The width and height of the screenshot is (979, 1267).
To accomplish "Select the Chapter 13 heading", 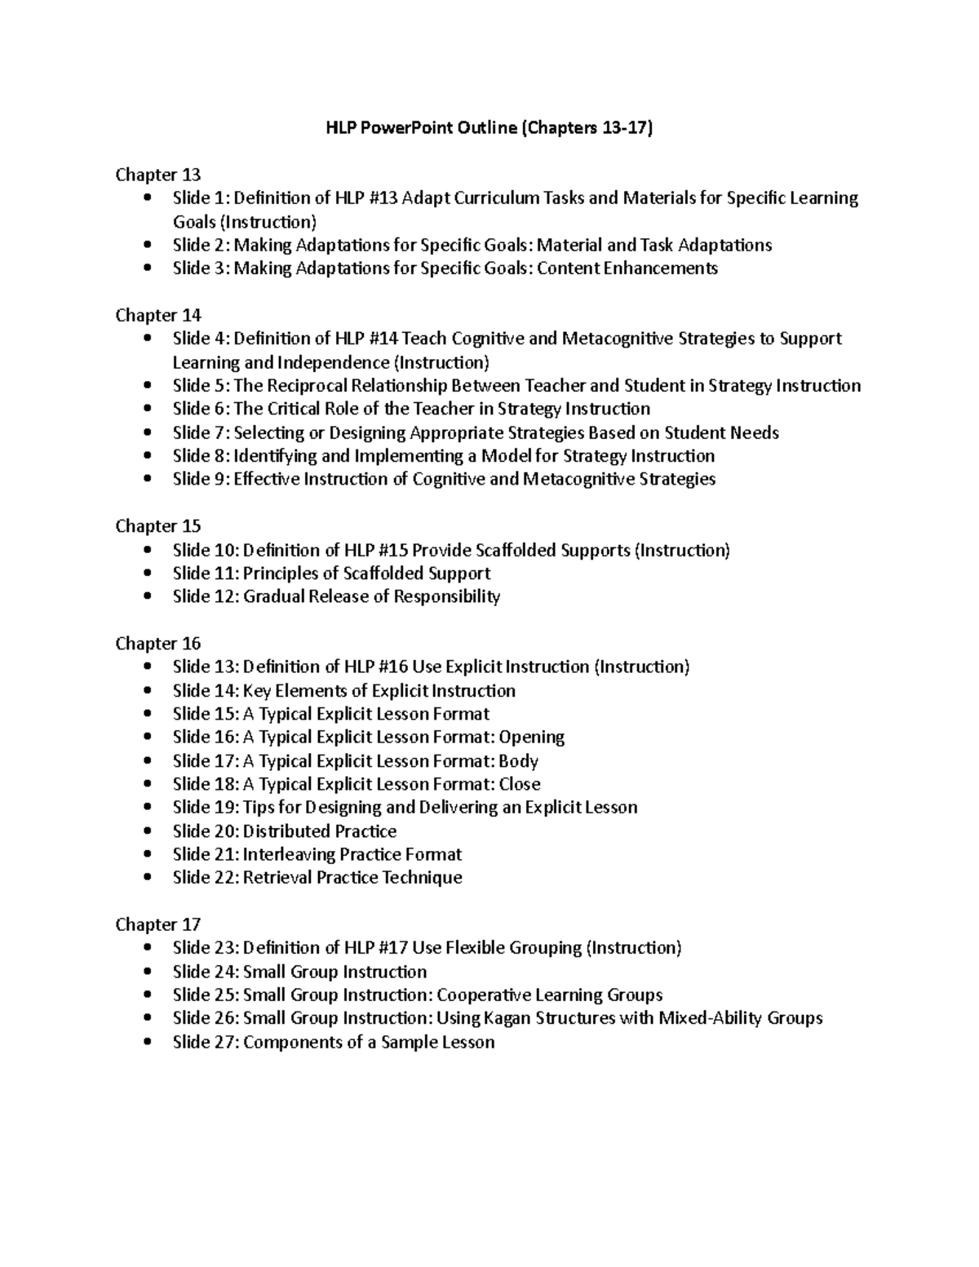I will pos(158,175).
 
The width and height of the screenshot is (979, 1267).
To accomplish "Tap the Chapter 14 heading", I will pos(158,315).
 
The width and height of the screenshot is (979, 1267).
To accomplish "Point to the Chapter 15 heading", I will pos(158,526).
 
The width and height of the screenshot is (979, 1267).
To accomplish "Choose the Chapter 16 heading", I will pos(158,644).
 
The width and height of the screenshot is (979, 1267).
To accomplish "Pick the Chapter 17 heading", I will pos(158,924).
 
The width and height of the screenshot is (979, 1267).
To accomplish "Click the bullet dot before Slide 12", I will pos(147,596).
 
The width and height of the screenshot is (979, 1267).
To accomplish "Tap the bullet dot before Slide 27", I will pos(147,1042).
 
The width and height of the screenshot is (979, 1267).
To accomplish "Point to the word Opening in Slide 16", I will pos(532,738).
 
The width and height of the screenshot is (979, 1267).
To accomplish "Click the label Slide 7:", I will pos(201,432).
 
